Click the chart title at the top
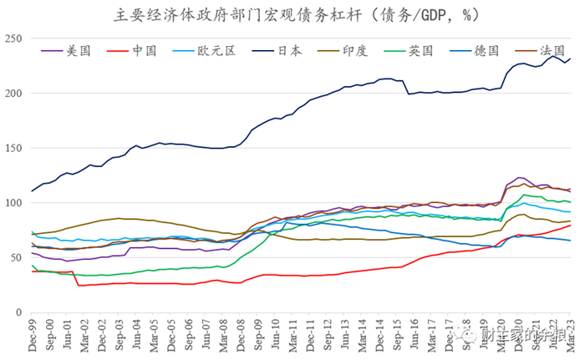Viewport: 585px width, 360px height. (x=292, y=14)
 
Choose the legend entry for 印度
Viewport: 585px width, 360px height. (x=356, y=50)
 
